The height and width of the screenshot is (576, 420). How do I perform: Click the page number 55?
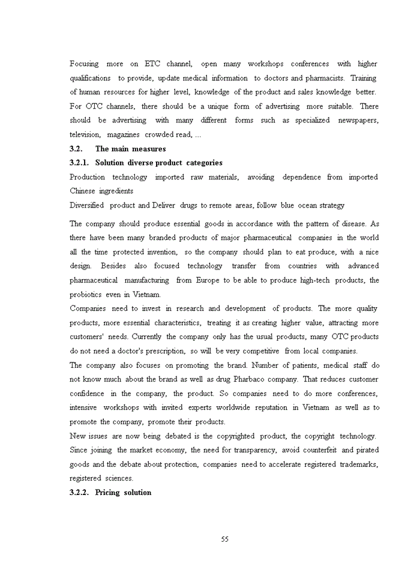tap(224, 539)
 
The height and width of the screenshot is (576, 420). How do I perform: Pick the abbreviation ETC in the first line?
tap(153, 64)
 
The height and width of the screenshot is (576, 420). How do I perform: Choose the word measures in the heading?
tap(148, 149)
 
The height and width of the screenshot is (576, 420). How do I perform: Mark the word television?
tap(85, 135)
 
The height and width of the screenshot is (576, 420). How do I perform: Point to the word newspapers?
tap(358, 121)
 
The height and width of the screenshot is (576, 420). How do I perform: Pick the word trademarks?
tap(356, 464)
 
